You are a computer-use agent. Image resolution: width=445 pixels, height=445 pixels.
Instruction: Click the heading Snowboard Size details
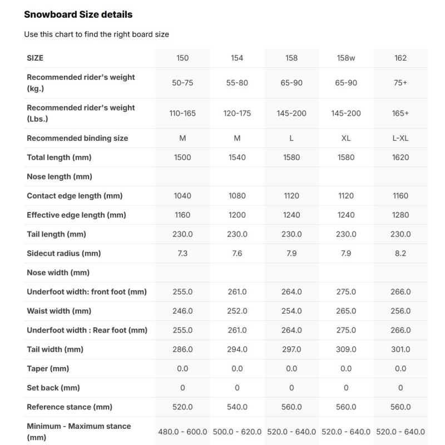[x=78, y=14]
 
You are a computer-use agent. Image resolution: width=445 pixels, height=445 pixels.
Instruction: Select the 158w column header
[x=346, y=58]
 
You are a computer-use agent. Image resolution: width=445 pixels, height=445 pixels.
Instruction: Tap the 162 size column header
[x=400, y=58]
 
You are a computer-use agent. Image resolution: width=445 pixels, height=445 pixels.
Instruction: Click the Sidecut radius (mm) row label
[x=64, y=253]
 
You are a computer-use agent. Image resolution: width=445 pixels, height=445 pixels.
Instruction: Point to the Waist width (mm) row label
[x=59, y=311]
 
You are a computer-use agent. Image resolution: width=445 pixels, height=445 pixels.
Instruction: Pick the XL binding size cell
[x=346, y=138]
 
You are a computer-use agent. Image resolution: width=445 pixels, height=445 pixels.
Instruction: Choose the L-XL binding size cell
[x=400, y=138]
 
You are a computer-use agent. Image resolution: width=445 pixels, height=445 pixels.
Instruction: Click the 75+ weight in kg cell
[x=400, y=83]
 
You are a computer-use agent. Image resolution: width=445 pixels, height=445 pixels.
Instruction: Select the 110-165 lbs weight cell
[x=182, y=113]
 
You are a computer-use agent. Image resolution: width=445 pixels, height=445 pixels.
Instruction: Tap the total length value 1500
[x=182, y=157]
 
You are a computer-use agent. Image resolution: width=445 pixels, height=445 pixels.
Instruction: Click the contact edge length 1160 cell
[x=400, y=196]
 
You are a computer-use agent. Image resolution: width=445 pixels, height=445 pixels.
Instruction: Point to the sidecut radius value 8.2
[x=400, y=253]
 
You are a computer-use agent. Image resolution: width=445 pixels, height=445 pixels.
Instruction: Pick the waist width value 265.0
[x=346, y=311]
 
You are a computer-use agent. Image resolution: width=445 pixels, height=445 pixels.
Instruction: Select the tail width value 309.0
[x=346, y=349]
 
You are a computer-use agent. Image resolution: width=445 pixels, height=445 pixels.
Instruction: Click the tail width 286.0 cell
[x=182, y=349]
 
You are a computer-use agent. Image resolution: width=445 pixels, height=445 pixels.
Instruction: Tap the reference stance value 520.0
[x=182, y=407]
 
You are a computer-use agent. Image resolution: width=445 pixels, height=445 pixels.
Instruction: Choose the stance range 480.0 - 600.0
[x=182, y=432]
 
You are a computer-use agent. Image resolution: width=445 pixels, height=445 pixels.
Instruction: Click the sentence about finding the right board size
[x=96, y=34]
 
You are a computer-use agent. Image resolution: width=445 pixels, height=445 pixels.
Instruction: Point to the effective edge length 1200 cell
[x=237, y=215]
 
